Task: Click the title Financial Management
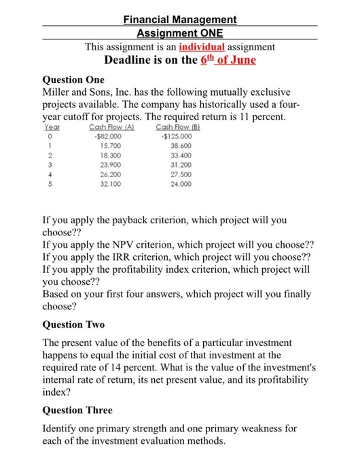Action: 180,20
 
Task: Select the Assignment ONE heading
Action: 179,33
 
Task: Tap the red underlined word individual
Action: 201,47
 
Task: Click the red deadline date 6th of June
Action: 228,60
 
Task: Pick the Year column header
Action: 52,127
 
